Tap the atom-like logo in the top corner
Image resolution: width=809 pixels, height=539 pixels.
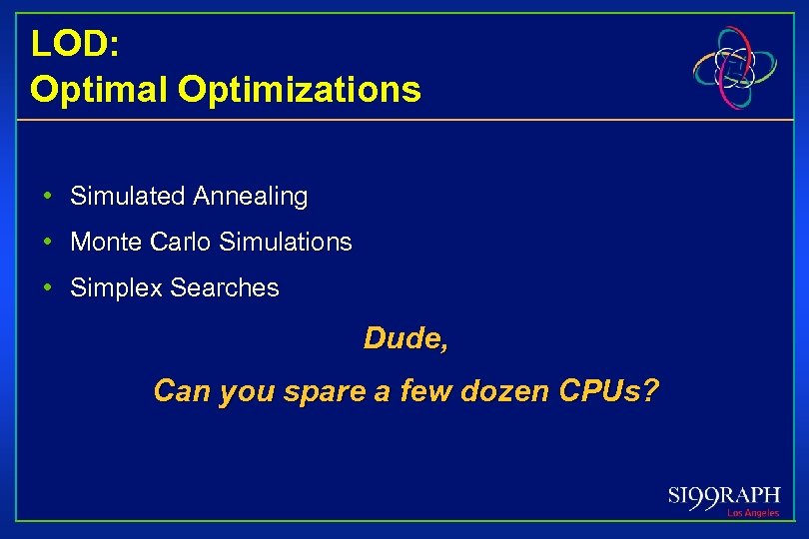pyautogui.click(x=737, y=67)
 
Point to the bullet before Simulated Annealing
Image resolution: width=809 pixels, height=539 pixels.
pyautogui.click(x=48, y=196)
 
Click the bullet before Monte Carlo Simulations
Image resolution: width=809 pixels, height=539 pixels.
pyautogui.click(x=48, y=242)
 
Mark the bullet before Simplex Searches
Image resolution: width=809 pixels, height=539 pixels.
pyautogui.click(x=48, y=287)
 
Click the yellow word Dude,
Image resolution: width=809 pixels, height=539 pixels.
pyautogui.click(x=405, y=339)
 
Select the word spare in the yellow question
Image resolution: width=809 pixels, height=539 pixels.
pyautogui.click(x=326, y=391)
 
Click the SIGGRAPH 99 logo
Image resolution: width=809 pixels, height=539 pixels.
pyautogui.click(x=725, y=497)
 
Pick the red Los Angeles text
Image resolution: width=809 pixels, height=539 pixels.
pyautogui.click(x=753, y=513)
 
